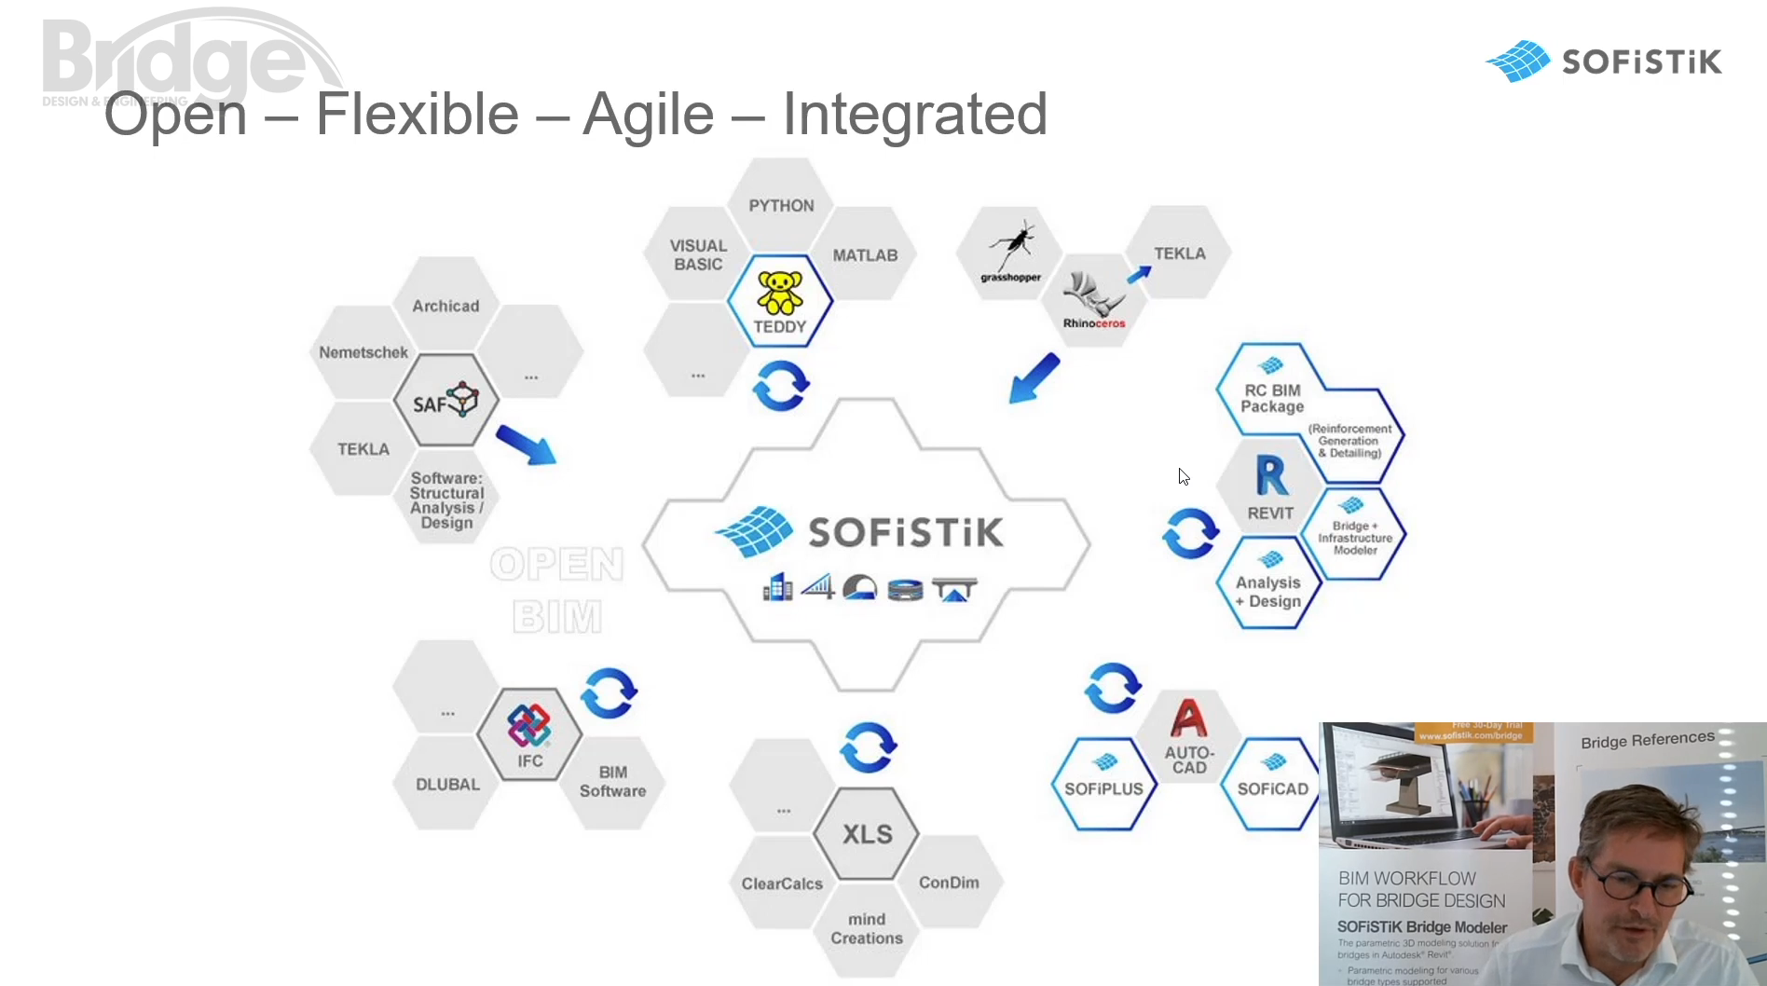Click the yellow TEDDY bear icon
(779, 292)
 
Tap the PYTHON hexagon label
(781, 206)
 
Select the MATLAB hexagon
(865, 255)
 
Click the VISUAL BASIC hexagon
(698, 255)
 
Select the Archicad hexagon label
(445, 306)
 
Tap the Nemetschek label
(363, 352)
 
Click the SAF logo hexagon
(446, 401)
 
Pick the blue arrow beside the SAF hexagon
(527, 445)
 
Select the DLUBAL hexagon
(447, 785)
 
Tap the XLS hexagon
(867, 834)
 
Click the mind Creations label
(867, 929)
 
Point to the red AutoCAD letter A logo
(1188, 719)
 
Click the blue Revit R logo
(1271, 476)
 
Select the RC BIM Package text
(1272, 398)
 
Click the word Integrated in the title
(914, 115)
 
